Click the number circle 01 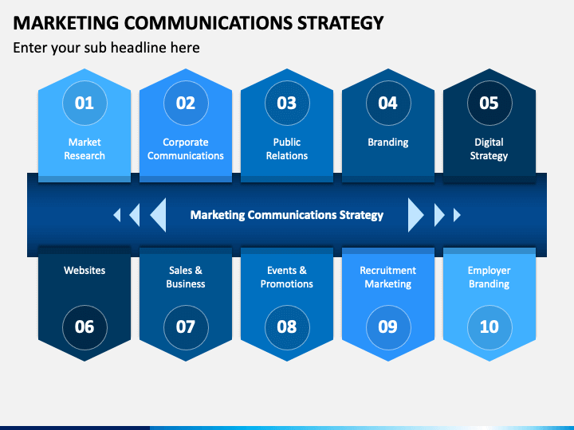tap(85, 103)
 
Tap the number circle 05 tap(489, 103)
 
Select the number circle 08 tap(287, 326)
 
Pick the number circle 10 tap(489, 326)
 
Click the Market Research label tap(85, 149)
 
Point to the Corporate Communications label tap(186, 149)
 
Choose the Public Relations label tap(287, 149)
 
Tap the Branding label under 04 tap(387, 143)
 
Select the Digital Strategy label tap(489, 149)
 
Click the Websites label tap(85, 271)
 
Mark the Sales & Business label tap(186, 277)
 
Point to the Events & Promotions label tap(287, 277)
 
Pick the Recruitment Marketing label tap(387, 277)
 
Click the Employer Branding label tap(489, 277)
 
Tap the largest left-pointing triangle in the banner tap(159, 214)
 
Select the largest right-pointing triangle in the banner tap(415, 214)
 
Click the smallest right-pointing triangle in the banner tap(457, 214)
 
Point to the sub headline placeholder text tap(106, 48)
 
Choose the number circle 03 tap(287, 103)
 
